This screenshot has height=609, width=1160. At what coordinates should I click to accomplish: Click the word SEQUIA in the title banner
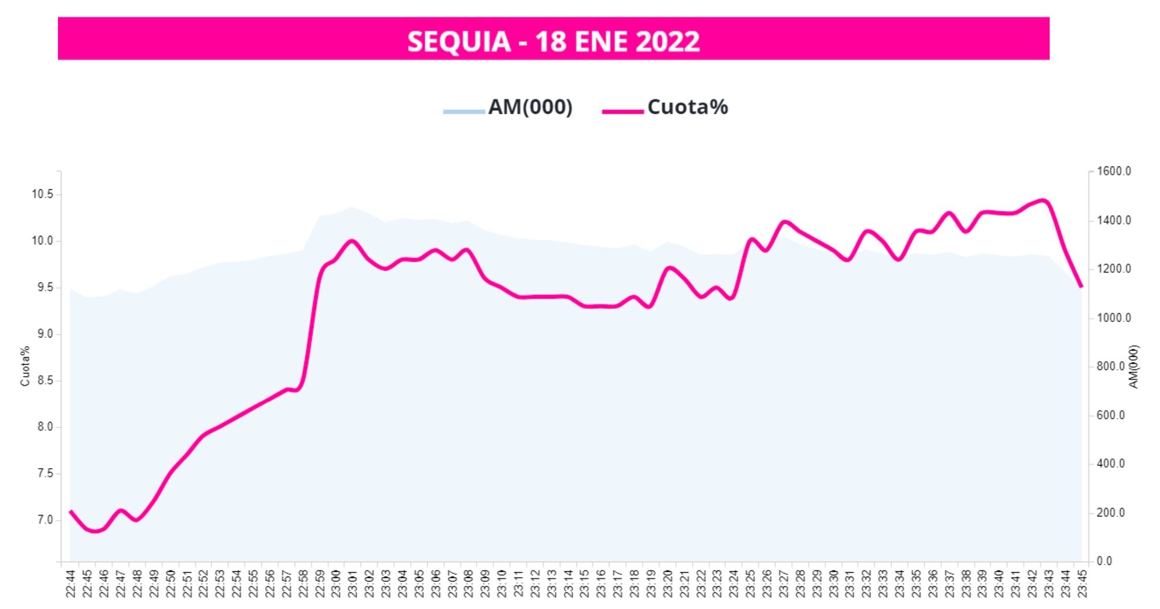click(x=459, y=42)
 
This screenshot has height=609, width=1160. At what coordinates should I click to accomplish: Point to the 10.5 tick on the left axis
click(x=42, y=194)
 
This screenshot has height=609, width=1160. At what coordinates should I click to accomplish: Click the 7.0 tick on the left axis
click(x=45, y=520)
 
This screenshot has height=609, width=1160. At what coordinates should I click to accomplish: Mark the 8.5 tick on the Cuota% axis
click(x=45, y=380)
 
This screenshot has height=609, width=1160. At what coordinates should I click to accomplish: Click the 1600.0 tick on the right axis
click(x=1114, y=172)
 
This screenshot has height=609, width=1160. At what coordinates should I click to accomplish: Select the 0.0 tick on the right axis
click(x=1104, y=561)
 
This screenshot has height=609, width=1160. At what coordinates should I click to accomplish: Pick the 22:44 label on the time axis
click(x=70, y=583)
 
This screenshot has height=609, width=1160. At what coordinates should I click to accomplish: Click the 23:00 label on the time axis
click(x=336, y=583)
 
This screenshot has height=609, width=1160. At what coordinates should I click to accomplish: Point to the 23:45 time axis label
click(x=1082, y=583)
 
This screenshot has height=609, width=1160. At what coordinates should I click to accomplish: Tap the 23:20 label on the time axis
click(x=668, y=583)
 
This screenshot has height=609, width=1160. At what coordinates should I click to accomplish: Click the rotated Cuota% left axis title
click(x=25, y=366)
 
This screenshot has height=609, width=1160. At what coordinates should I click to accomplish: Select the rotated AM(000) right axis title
click(x=1134, y=367)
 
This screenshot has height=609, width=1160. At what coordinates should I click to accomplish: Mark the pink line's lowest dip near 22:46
click(x=95, y=531)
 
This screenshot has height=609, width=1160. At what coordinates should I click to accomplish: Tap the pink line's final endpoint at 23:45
click(x=1082, y=287)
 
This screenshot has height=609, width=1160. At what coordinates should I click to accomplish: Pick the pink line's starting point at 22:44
click(x=70, y=511)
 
